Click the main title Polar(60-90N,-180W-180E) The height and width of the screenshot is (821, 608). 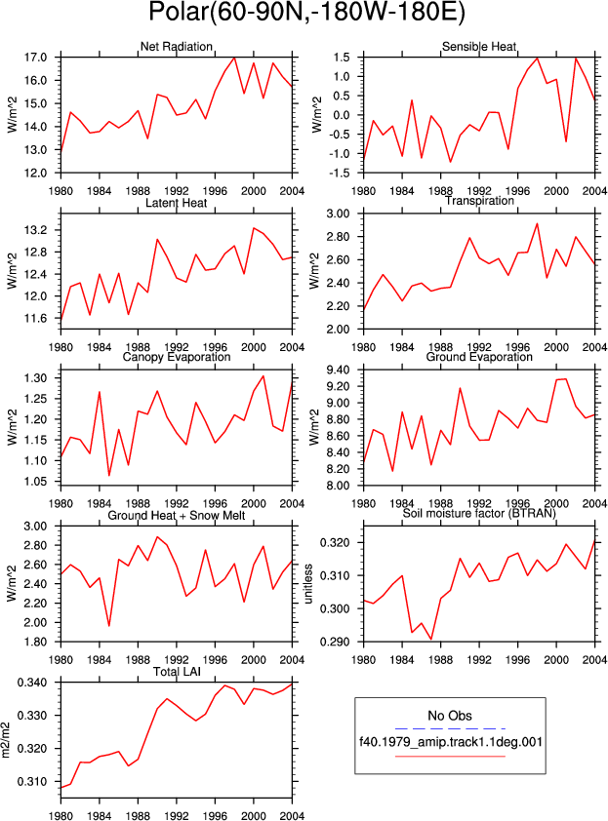pos(306,13)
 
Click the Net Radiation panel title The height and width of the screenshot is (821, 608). pos(176,47)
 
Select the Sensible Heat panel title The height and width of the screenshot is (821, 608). pos(479,47)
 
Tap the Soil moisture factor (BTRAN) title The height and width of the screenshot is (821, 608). pos(479,514)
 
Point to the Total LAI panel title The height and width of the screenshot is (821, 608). pos(177,672)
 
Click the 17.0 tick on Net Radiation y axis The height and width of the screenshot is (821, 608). pos(35,58)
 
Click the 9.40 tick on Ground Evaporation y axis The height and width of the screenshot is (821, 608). pos(338,371)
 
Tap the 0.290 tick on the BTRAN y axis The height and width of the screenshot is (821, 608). pos(335,642)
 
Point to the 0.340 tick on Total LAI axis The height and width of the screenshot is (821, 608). pos(32,683)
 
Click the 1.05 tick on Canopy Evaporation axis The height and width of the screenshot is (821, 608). pos(35,481)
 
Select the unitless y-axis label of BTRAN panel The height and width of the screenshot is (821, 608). pos(308,583)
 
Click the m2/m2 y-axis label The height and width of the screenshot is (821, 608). pos(6,740)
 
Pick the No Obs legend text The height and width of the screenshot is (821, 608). pos(450,716)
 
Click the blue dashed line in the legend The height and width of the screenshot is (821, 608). pos(450,728)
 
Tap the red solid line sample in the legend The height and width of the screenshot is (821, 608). pos(450,756)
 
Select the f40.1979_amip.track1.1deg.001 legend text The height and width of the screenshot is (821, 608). pos(451,741)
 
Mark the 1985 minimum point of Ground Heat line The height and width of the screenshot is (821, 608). pos(109,626)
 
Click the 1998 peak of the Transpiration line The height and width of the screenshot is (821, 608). pos(537,223)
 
